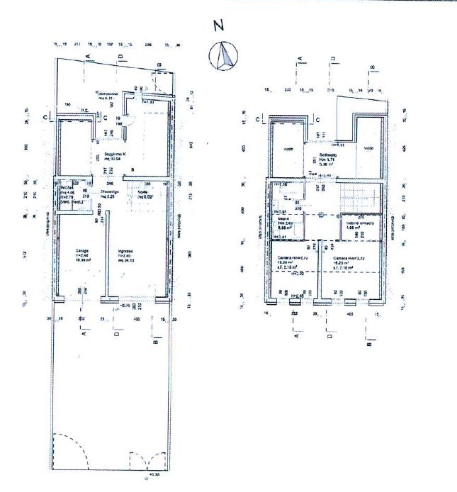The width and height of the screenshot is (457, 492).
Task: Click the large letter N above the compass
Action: click(x=220, y=26)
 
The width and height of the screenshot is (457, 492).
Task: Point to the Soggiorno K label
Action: click(x=115, y=155)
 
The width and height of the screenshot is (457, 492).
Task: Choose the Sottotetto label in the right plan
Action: click(x=328, y=156)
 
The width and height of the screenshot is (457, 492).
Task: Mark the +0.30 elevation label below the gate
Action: click(x=152, y=476)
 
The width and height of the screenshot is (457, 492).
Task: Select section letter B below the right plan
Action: click(x=370, y=347)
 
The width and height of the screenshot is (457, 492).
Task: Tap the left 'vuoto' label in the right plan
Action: click(x=288, y=149)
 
